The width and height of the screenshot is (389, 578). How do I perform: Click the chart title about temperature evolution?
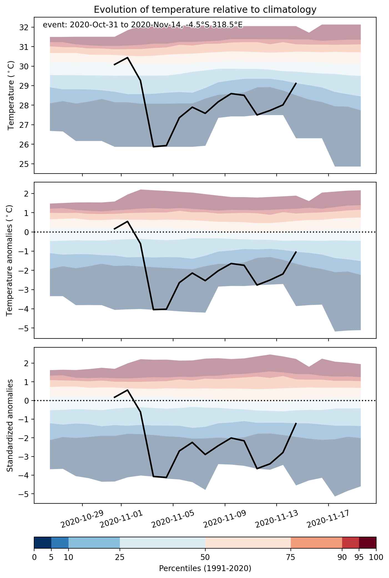[205, 9]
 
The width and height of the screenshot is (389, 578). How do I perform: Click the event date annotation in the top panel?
[143, 25]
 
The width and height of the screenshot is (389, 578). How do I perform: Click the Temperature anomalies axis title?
[10, 260]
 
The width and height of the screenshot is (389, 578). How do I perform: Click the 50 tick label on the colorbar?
[205, 557]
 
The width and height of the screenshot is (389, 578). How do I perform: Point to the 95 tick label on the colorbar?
[359, 557]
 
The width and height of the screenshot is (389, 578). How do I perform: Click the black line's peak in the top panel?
[127, 57]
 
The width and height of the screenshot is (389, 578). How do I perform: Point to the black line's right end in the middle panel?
[296, 252]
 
